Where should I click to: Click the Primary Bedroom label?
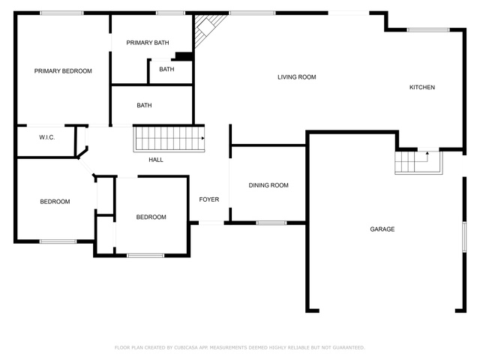tap(63, 71)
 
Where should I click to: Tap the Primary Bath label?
tap(148, 43)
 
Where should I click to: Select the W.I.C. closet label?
tap(46, 137)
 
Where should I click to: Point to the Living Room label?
tap(297, 77)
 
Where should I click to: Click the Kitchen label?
tap(422, 87)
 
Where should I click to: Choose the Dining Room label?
tap(268, 185)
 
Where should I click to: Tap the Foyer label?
tap(209, 199)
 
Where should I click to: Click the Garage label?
tap(382, 229)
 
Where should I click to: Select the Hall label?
tap(156, 160)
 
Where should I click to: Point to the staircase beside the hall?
tap(169, 138)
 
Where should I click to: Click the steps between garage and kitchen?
tap(418, 162)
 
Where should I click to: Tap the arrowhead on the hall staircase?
tap(203, 138)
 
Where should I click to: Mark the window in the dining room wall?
tap(271, 223)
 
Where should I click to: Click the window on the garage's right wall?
tap(464, 237)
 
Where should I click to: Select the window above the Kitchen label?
tap(428, 30)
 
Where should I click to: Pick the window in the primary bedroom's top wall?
tap(61, 13)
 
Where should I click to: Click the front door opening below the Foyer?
tap(211, 223)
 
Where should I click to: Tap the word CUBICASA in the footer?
tap(186, 347)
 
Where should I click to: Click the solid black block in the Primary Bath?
tap(184, 56)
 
